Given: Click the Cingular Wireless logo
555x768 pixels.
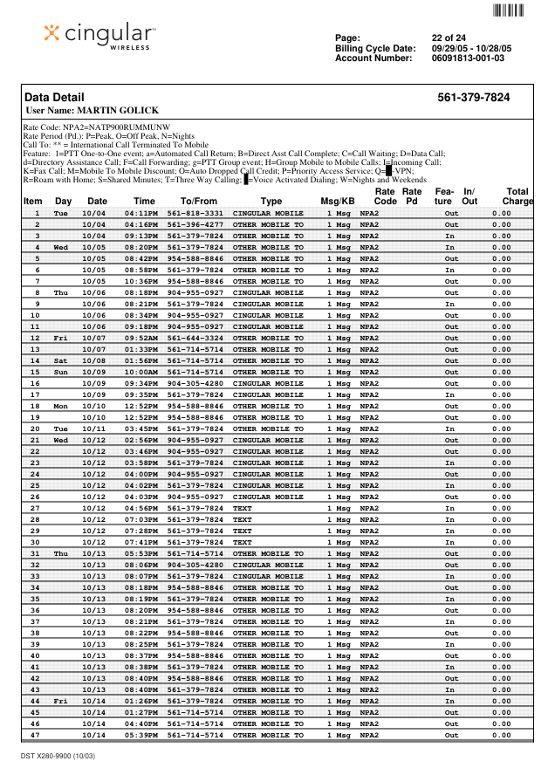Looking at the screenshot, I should (x=99, y=36).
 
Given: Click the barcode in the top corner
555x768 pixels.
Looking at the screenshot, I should (x=508, y=10).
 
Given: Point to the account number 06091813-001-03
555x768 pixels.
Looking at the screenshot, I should (x=468, y=58).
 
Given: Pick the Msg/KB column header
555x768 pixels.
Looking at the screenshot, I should (x=337, y=202).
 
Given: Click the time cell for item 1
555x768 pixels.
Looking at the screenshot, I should (x=140, y=213).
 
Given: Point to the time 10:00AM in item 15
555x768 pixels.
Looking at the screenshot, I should (x=140, y=372).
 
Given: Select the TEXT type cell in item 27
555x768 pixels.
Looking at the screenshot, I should (x=242, y=508).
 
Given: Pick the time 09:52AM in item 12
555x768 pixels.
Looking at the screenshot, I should (x=140, y=338).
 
